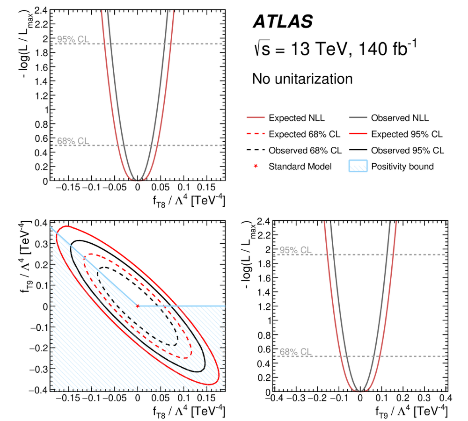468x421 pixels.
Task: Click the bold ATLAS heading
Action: pyautogui.click(x=283, y=22)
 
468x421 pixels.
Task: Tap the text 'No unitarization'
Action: pyautogui.click(x=302, y=79)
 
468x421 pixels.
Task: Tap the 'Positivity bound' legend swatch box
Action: pyautogui.click(x=358, y=166)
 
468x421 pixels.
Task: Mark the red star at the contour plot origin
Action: pyautogui.click(x=138, y=306)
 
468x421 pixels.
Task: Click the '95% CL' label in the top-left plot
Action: pyautogui.click(x=73, y=39)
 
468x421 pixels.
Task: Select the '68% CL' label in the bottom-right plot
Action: pyautogui.click(x=295, y=352)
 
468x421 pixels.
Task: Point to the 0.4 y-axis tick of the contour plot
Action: pyautogui.click(x=42, y=222)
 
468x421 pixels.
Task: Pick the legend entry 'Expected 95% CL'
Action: pyautogui.click(x=406, y=134)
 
